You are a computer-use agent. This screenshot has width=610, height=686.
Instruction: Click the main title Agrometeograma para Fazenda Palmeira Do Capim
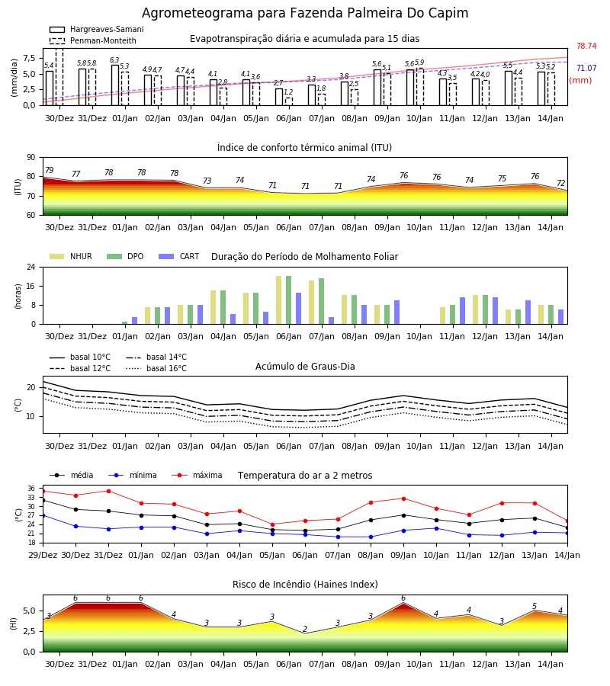[305, 13]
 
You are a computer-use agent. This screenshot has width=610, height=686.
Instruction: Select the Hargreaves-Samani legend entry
[97, 29]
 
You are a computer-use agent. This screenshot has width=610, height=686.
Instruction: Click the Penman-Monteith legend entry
[93, 40]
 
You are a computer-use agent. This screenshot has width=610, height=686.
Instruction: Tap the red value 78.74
[586, 46]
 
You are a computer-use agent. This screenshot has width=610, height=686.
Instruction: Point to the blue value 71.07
[586, 68]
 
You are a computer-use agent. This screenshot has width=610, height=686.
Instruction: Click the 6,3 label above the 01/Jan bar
[114, 60]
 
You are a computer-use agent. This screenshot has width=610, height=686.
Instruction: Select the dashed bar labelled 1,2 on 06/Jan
[288, 101]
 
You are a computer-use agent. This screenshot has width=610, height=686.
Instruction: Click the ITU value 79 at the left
[49, 170]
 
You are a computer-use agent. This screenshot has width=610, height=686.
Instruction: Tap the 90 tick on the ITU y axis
[31, 158]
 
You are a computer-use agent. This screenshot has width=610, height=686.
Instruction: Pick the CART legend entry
[179, 256]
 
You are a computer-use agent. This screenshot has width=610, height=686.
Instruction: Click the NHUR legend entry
[71, 256]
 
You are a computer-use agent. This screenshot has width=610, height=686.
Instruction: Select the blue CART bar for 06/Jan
[298, 309]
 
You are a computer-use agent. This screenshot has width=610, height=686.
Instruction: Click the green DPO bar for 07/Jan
[321, 301]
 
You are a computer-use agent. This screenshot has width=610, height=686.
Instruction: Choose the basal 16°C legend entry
[156, 368]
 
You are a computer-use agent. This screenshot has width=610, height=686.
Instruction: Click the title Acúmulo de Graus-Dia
[305, 367]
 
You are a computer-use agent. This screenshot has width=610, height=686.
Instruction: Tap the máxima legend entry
[197, 475]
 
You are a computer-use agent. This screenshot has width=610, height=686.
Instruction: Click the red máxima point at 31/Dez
[108, 491]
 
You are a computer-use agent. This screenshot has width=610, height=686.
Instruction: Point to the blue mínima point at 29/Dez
[43, 515]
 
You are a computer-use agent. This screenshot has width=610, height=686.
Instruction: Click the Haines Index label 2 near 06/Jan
[305, 629]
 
